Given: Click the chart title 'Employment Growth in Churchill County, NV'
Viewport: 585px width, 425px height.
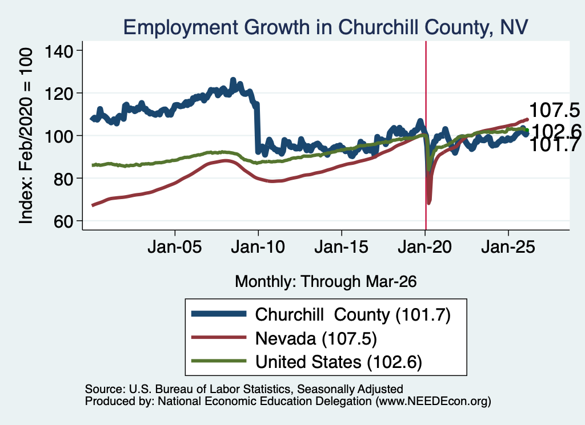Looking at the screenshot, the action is coord(325,28).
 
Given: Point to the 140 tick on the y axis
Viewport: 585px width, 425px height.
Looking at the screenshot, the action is coord(59,51).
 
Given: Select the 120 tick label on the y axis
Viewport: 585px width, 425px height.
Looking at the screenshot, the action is coord(59,93).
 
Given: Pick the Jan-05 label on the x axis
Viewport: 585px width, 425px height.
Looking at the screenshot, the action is coord(175,247).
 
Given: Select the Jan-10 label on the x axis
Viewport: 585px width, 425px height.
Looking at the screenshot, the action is coord(258,247).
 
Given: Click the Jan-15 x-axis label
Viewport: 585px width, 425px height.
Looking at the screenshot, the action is coord(342,247).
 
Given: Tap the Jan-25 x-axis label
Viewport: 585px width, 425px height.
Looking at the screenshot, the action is coord(508,247).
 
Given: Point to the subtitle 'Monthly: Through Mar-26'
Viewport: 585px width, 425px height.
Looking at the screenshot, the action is coord(326,282).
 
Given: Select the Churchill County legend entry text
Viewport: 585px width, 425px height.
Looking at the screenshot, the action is coord(353,315).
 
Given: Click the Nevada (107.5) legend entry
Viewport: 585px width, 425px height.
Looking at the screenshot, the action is coord(316,339).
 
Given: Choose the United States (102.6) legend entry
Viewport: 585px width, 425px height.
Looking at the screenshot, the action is coord(339,362).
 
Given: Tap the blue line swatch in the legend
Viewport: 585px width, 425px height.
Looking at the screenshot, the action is coord(219,314).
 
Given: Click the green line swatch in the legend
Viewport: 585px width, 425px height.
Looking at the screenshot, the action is coord(219,361).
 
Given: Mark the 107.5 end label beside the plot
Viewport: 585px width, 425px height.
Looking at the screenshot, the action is coord(554,110).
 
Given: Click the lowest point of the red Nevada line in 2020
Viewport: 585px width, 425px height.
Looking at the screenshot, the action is coord(428,203).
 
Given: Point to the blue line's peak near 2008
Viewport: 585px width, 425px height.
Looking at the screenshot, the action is coord(233,80).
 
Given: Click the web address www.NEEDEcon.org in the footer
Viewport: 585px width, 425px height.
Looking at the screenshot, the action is coord(433,401).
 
